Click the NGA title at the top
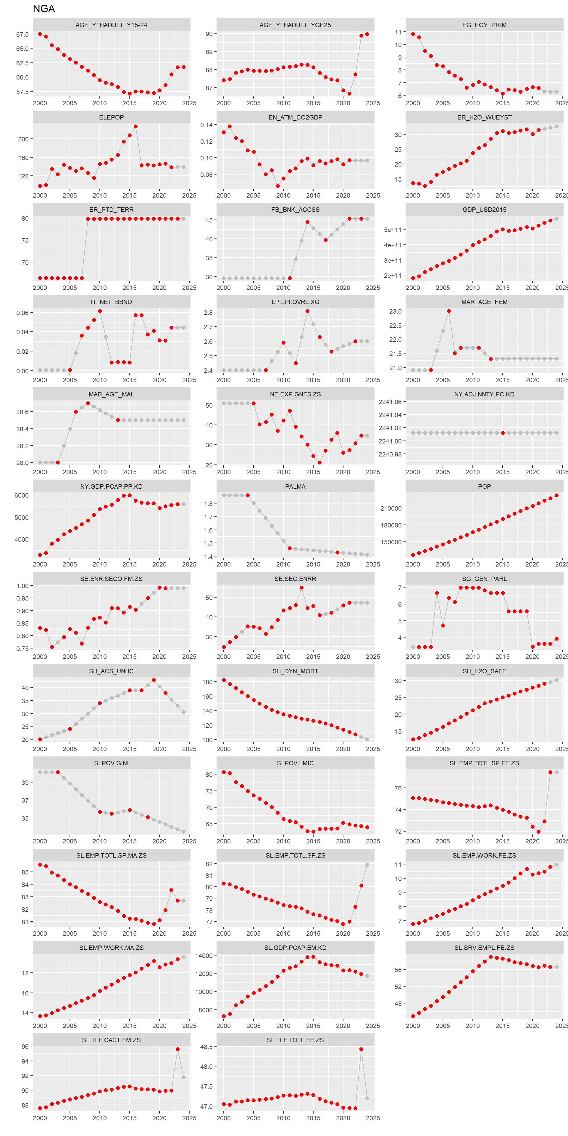(x=44, y=9)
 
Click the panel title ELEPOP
(x=111, y=117)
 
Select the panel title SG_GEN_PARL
(x=484, y=579)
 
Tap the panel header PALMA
(x=295, y=486)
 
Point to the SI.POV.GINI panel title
(x=111, y=763)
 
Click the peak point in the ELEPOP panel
(x=135, y=127)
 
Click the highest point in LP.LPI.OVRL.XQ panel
(x=307, y=311)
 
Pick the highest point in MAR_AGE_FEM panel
(x=449, y=311)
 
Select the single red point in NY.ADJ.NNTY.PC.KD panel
(x=503, y=433)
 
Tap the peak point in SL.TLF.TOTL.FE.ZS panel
(x=361, y=1049)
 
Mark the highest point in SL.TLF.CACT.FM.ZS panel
(x=177, y=1049)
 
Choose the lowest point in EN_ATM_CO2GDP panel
(x=277, y=186)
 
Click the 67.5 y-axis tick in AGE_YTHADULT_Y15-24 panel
(x=22, y=34)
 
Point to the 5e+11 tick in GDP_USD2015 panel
(x=393, y=230)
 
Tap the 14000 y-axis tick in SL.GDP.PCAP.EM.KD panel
(x=204, y=956)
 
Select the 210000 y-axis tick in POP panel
(x=391, y=509)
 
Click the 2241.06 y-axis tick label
(x=390, y=402)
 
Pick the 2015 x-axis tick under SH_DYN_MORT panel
(x=313, y=749)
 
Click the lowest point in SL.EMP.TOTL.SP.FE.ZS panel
(x=538, y=832)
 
